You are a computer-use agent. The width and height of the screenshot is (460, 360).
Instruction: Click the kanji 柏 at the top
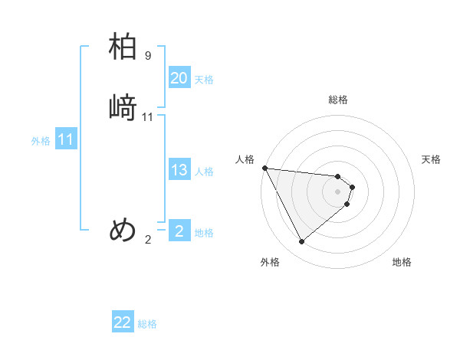coord(123,47)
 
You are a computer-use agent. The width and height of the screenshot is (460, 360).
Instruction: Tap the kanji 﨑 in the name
coord(123,107)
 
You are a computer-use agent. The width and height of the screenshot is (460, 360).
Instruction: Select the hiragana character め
coord(123,229)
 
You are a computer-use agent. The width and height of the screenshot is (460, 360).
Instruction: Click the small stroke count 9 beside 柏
coord(148,56)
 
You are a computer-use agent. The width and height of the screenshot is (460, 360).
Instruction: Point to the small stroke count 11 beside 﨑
coord(148,117)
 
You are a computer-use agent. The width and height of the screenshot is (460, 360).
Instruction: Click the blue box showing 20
coord(179,78)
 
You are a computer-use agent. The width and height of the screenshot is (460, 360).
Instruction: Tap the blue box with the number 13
coord(179,171)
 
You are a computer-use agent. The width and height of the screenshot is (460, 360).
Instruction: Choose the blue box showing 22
coord(123,322)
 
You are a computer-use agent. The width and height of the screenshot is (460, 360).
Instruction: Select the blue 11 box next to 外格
coord(66,140)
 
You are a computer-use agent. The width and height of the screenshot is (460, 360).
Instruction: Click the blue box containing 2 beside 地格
coord(179,231)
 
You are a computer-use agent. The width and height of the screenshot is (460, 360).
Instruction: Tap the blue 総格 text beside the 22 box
coord(147,324)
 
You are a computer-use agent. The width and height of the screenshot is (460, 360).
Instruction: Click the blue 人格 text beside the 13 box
coord(204,172)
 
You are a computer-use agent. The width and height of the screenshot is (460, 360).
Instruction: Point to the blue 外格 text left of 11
coord(41,141)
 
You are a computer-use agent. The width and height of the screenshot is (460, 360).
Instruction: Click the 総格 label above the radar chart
coord(338,100)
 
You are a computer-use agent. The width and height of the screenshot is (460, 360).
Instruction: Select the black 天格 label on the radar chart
coord(431,159)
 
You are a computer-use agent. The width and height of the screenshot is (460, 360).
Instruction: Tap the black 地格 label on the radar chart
coord(402,262)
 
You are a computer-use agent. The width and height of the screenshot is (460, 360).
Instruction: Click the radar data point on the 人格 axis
coord(264,168)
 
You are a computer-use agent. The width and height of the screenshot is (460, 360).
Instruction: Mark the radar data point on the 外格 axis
coord(301,242)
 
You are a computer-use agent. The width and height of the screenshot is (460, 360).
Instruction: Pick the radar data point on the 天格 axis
coord(353,186)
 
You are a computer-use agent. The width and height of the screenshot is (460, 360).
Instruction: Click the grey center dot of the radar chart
coord(338,191)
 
